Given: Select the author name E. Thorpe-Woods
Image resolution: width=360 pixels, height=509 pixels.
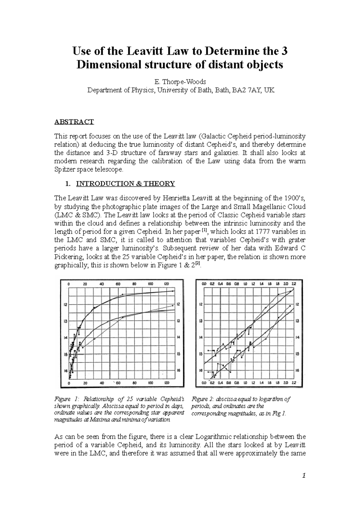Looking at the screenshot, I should coord(180,82).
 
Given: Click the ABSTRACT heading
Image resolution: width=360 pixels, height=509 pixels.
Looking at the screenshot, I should coord(74,122).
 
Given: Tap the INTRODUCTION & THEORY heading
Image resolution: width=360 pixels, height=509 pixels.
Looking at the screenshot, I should coord(125,183).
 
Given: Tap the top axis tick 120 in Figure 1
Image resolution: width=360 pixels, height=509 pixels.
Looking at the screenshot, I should coord(166,284).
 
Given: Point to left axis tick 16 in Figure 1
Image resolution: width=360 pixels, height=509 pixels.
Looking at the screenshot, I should coord(66,371).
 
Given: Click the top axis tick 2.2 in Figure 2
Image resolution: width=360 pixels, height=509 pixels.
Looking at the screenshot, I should coord(294,283).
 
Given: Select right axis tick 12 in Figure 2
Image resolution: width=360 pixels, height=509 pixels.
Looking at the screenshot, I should coord(297,304).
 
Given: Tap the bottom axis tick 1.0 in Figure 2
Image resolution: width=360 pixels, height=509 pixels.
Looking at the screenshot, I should coord(245,383).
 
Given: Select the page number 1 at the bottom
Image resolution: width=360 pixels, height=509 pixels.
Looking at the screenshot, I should coord(304,476).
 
